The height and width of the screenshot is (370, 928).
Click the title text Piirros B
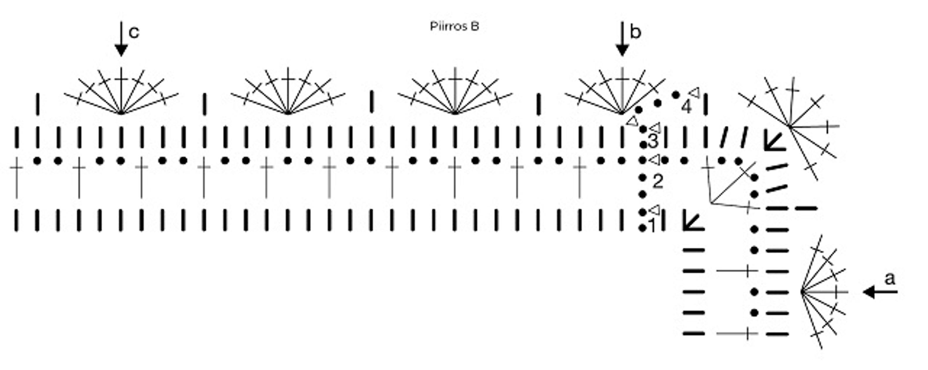(454, 26)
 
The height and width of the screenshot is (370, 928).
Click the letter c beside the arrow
(134, 33)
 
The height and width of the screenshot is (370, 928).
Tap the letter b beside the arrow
(635, 33)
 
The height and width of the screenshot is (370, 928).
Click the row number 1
(652, 226)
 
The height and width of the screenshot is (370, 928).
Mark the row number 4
(687, 107)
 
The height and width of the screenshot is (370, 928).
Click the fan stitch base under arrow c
(121, 113)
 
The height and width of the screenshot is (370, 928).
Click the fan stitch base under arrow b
(622, 113)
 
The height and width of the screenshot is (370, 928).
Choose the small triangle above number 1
(654, 209)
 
